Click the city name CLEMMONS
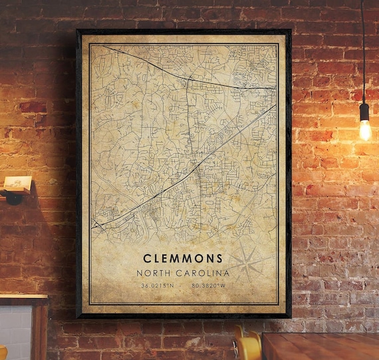click(183, 258)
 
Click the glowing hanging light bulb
click(364, 129)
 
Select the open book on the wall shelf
click(17, 182)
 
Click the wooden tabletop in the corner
click(319, 346)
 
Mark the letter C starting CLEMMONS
click(146, 258)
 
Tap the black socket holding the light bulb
click(364, 111)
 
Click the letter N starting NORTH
click(139, 273)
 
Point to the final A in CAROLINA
click(227, 273)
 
